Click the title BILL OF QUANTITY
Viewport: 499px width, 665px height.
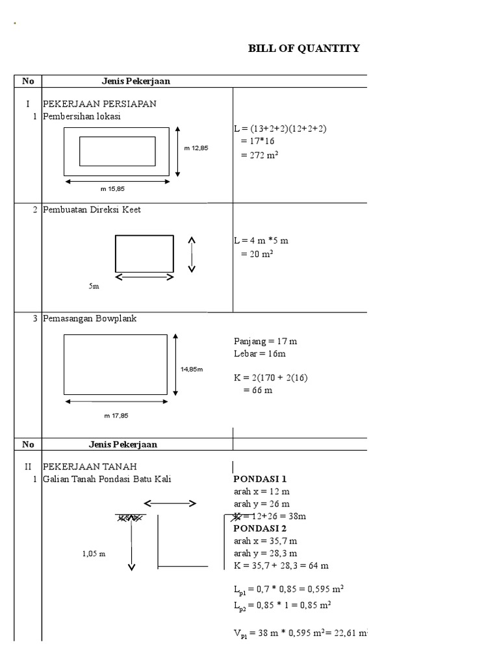304,49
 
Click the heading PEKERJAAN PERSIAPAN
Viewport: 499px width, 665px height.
99,104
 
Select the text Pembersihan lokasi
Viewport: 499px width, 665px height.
82,117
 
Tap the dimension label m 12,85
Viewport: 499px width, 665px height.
196,148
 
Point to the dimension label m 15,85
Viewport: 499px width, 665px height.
112,189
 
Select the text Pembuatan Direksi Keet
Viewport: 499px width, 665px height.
92,210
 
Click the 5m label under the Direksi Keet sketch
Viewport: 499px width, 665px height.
94,286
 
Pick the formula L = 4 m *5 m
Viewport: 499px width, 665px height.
261,240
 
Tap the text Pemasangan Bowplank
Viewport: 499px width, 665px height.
90,319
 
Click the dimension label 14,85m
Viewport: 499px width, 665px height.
192,369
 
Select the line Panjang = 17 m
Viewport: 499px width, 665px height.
265,340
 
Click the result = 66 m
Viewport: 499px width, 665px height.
257,390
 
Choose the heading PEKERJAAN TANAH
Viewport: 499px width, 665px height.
90,467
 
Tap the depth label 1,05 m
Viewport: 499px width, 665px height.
94,554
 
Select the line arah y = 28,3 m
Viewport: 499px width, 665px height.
266,553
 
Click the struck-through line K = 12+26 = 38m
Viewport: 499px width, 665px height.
270,516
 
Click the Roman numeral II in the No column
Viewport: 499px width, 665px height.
28,467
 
